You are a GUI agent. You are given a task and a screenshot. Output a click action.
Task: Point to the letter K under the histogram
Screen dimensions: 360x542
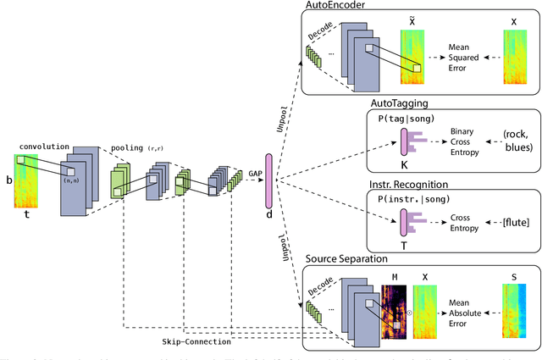(391, 164)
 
